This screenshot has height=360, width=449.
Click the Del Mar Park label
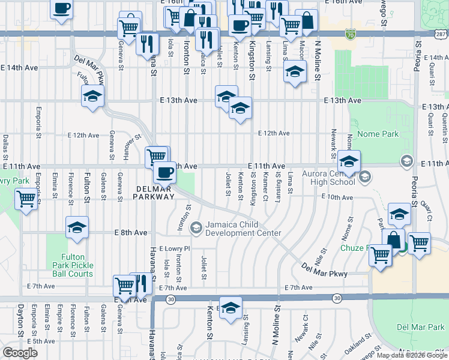420,327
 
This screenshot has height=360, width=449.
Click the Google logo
20,353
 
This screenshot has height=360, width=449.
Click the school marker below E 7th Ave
230,308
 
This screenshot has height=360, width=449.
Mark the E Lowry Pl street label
175,248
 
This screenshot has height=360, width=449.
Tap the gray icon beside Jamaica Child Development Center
195,228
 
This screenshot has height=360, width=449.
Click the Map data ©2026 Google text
412,355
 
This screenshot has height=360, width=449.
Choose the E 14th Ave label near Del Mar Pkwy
19,68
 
